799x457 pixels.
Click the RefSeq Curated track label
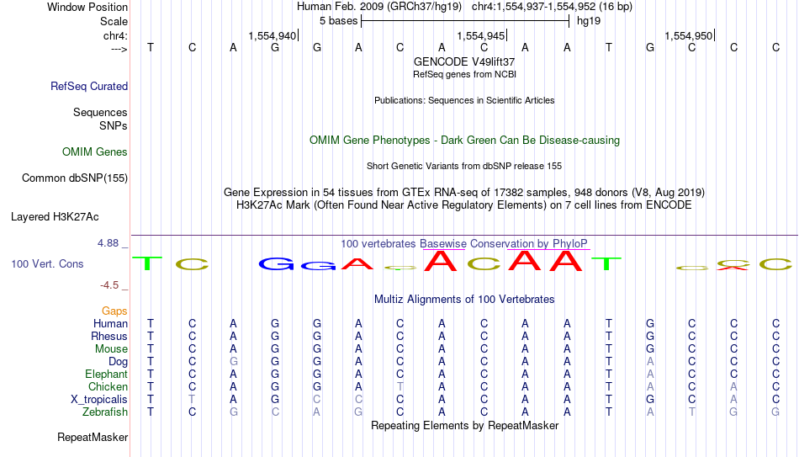[89, 86]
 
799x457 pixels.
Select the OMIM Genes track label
[95, 152]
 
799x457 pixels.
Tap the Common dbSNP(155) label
[75, 178]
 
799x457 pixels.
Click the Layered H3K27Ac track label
[55, 217]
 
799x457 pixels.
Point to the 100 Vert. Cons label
[47, 263]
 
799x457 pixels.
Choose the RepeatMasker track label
[93, 437]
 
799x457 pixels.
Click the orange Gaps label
[114, 311]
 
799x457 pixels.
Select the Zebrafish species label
[105, 412]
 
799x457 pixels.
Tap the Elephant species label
[107, 374]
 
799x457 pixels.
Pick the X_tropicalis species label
[99, 400]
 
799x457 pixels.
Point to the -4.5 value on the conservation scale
[109, 285]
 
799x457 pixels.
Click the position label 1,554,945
[481, 35]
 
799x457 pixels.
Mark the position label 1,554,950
[689, 35]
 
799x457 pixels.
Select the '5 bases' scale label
[339, 21]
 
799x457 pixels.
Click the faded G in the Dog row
[233, 362]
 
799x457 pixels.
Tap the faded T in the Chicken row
[400, 386]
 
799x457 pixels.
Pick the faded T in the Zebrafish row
[692, 412]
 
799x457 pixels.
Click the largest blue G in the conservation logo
[276, 263]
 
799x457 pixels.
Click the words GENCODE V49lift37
[464, 61]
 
